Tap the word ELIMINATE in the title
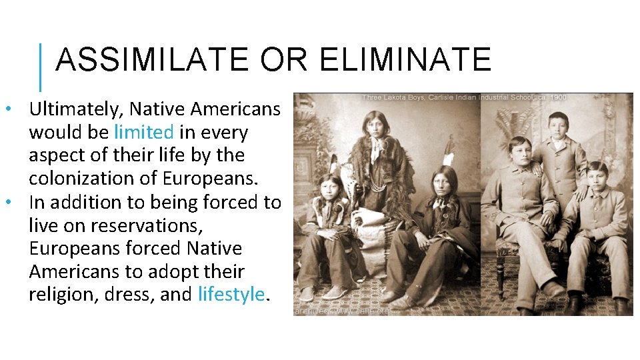click(x=405, y=60)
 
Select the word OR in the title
click(x=283, y=60)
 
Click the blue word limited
click(x=143, y=132)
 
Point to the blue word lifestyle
click(x=231, y=295)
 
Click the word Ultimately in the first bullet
click(x=75, y=109)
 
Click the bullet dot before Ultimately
click(x=7, y=109)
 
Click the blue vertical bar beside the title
click(x=41, y=67)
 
